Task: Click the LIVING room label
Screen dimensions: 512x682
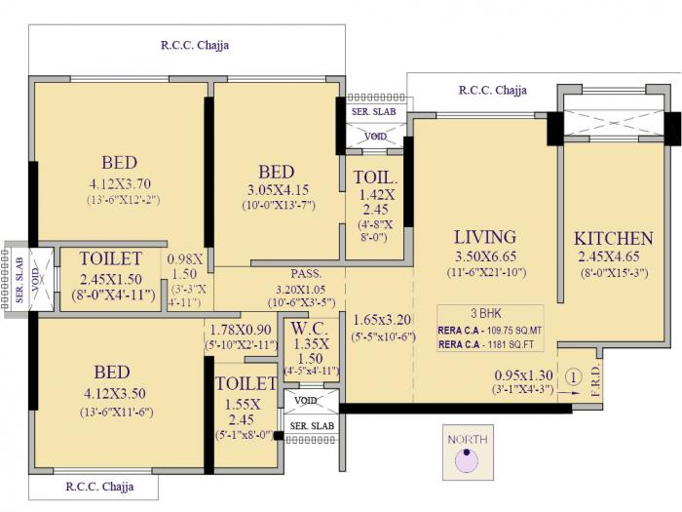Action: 485,237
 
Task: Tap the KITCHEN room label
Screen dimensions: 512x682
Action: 613,239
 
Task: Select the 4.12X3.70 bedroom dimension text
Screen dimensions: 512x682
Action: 119,183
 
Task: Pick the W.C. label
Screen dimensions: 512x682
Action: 309,330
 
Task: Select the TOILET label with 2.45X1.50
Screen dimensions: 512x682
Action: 111,258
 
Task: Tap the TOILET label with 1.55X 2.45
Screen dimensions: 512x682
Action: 246,383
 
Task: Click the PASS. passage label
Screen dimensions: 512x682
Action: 306,274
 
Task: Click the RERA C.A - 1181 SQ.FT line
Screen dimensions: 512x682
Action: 489,343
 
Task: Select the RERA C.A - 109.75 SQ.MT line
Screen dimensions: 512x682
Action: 489,330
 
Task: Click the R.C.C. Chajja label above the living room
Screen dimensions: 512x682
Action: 493,91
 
